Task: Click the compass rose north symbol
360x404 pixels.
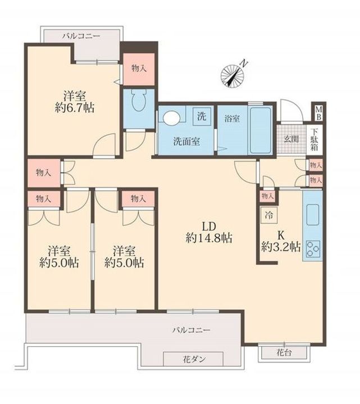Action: coord(233,75)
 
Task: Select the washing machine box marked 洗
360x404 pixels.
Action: coord(202,117)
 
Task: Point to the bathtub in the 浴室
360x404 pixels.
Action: coord(261,131)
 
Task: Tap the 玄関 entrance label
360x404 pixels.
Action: coord(291,139)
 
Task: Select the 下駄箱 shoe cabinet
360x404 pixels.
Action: coord(315,140)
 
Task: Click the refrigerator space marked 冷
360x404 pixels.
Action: coord(269,215)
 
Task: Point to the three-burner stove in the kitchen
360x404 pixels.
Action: coord(313,250)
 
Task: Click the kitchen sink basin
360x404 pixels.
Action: coord(312,214)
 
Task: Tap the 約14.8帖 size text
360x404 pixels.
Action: coord(209,238)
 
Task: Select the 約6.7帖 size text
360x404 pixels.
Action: coord(74,108)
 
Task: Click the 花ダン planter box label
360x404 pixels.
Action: coord(194,360)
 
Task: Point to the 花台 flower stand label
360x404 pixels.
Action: coord(284,352)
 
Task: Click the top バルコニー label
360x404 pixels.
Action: coord(81,36)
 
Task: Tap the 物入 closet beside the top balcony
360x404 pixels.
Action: coord(139,69)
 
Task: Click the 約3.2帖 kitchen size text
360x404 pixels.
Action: coord(281,247)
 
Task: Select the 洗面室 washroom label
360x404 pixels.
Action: coord(186,141)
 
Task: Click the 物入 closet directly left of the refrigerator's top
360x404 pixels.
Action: coord(267,196)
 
